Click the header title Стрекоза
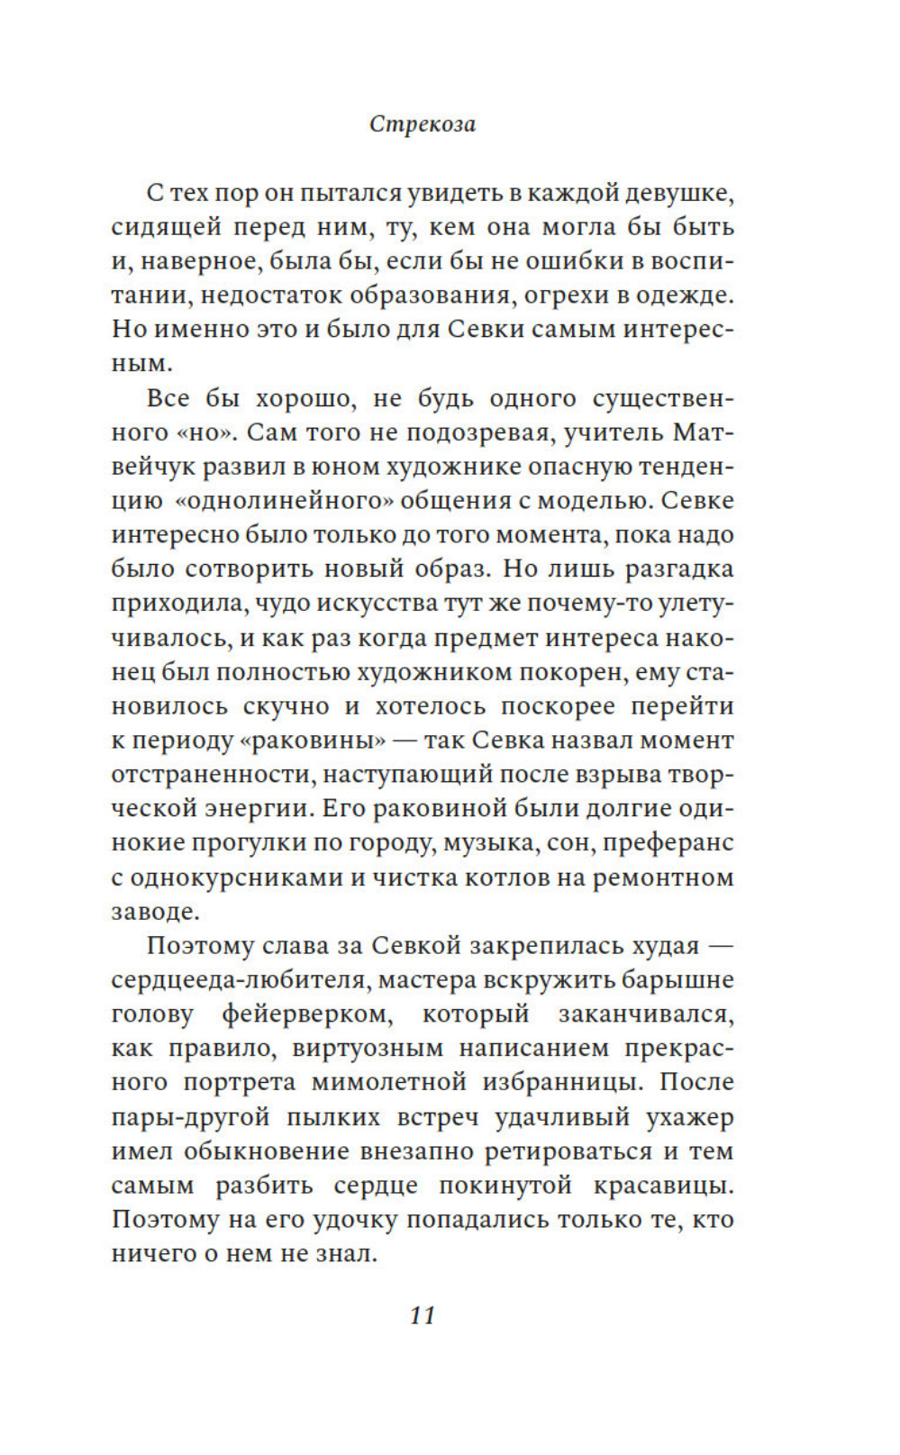pos(423,124)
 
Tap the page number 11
pos(423,1315)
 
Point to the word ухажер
pos(689,1117)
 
